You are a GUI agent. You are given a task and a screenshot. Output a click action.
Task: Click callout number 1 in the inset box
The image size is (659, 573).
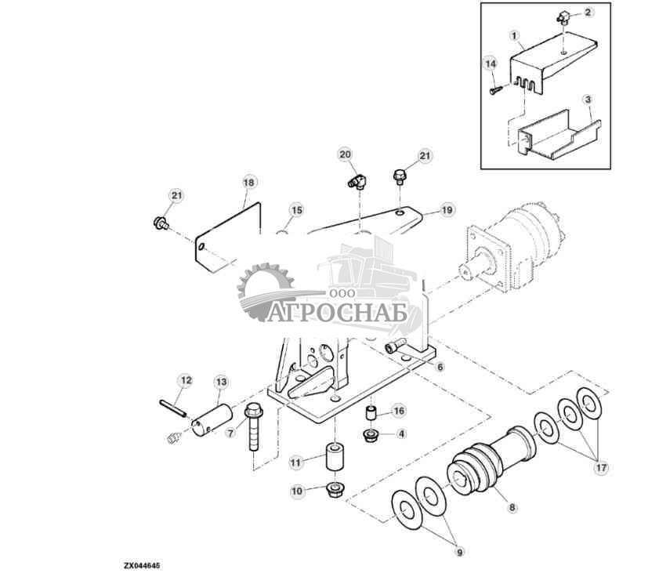pyautogui.click(x=514, y=36)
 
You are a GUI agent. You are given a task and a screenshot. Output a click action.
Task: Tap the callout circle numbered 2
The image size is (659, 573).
pyautogui.click(x=589, y=13)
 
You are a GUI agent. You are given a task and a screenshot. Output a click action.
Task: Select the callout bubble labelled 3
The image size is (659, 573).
pyautogui.click(x=587, y=100)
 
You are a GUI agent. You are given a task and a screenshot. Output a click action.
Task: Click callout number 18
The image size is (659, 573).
pyautogui.click(x=248, y=183)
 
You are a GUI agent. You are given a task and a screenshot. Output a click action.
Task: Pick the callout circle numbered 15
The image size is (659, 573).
pyautogui.click(x=295, y=210)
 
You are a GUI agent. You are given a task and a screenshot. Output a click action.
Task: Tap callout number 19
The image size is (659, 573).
pyautogui.click(x=447, y=210)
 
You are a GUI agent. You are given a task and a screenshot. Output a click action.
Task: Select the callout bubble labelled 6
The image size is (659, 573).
pyautogui.click(x=440, y=367)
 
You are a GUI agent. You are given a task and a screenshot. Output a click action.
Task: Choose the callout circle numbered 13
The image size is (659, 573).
pyautogui.click(x=221, y=382)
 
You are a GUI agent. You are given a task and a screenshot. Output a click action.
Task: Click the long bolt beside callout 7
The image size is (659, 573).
pyautogui.click(x=254, y=431)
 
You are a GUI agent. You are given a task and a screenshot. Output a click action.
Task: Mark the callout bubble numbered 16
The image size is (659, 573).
pyautogui.click(x=398, y=411)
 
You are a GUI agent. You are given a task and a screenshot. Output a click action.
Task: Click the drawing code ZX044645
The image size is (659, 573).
pyautogui.click(x=142, y=564)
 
